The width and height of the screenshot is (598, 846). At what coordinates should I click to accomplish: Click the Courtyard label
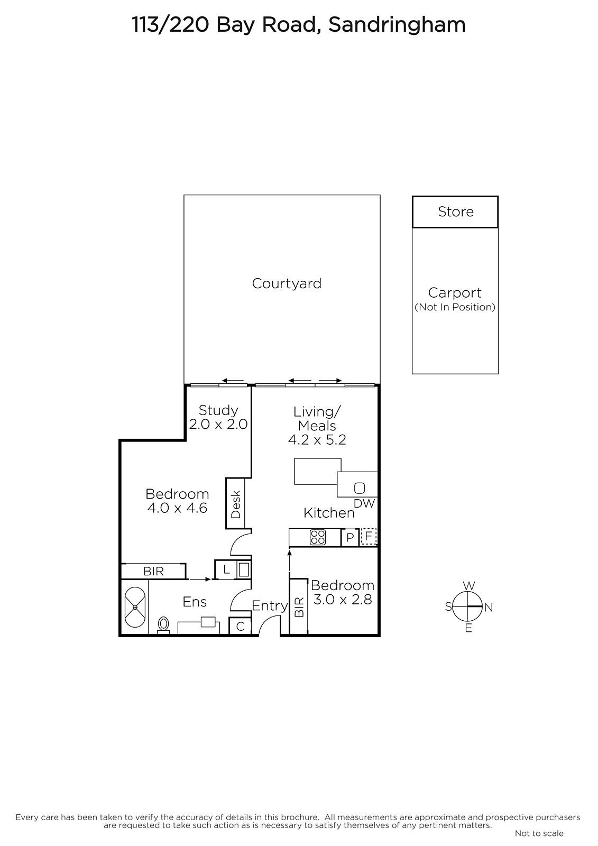click(287, 283)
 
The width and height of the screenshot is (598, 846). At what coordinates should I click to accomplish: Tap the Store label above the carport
click(456, 212)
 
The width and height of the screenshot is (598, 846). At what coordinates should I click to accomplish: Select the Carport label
click(455, 293)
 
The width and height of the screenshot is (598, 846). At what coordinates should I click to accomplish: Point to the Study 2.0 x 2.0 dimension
click(218, 424)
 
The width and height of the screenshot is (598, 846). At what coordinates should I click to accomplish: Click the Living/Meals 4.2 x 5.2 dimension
click(317, 440)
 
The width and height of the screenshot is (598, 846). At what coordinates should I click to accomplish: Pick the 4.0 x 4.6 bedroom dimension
click(177, 508)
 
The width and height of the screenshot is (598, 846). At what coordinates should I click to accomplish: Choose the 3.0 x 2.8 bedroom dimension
click(343, 600)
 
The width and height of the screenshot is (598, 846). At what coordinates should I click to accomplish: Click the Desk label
click(236, 504)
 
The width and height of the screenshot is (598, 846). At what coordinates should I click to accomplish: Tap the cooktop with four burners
click(318, 537)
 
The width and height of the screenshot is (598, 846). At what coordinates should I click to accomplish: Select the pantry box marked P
click(350, 537)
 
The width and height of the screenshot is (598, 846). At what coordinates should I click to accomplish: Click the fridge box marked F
click(369, 536)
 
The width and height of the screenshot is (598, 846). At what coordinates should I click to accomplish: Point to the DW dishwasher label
click(364, 503)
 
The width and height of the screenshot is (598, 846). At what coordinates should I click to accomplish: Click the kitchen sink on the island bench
click(359, 489)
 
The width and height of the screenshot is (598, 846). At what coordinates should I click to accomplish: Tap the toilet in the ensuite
click(163, 624)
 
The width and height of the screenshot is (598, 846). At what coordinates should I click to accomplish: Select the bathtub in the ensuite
click(135, 607)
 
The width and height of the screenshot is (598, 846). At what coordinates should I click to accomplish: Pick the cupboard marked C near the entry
click(240, 626)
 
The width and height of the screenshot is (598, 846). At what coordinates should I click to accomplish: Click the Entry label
click(270, 606)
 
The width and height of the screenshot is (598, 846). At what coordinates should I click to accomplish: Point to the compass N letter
click(489, 608)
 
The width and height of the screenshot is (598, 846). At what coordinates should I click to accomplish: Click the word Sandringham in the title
click(397, 25)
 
